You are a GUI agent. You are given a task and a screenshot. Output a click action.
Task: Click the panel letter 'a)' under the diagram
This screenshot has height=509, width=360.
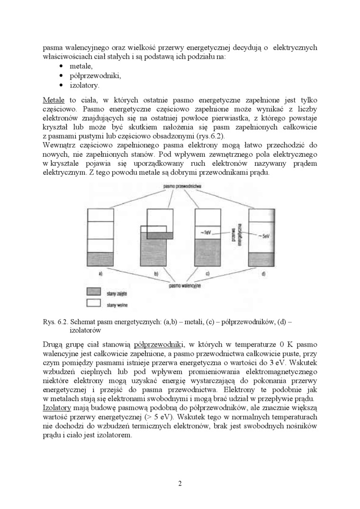[x=100, y=274]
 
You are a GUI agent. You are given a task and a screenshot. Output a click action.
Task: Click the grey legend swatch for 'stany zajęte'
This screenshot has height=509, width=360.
[x=94, y=292]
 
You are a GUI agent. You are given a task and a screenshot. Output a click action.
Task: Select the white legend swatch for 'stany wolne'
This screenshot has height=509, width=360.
[x=94, y=304]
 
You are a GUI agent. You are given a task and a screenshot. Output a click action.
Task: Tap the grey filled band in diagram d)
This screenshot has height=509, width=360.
[x=262, y=259]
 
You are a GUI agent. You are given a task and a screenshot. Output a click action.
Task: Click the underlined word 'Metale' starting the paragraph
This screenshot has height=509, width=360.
[x=54, y=100]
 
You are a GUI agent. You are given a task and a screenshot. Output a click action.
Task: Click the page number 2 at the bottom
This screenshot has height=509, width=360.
[x=180, y=483]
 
